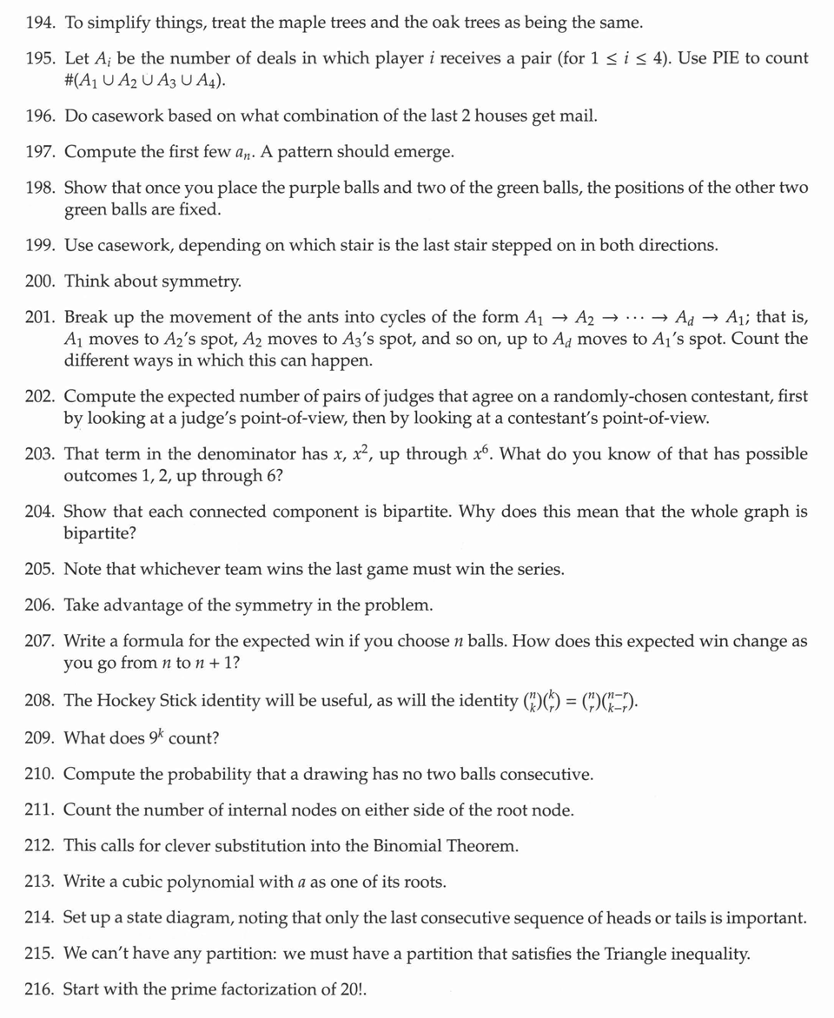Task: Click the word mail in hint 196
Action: coord(577,116)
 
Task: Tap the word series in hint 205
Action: coord(539,570)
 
